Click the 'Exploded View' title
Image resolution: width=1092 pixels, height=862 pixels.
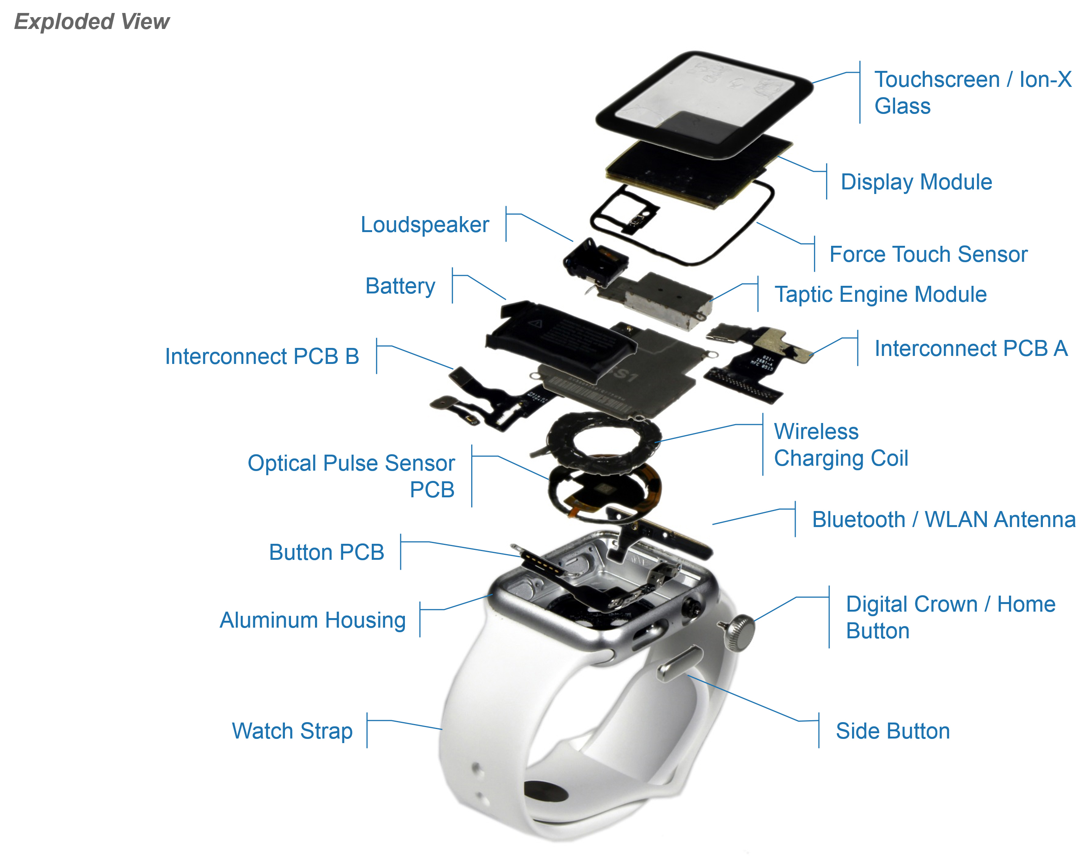pyautogui.click(x=91, y=22)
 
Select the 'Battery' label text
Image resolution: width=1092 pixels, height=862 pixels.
pyautogui.click(x=400, y=286)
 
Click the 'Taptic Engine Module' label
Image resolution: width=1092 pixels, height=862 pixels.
pyautogui.click(x=880, y=294)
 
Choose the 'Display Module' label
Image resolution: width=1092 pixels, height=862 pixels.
pyautogui.click(x=916, y=182)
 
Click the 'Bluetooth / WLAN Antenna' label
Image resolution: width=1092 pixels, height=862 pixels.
pyautogui.click(x=943, y=520)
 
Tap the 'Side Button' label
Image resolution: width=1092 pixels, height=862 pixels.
pyautogui.click(x=892, y=731)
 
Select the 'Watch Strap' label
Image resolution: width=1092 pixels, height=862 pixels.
pyautogui.click(x=292, y=731)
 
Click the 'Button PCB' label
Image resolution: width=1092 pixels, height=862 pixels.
pyautogui.click(x=326, y=553)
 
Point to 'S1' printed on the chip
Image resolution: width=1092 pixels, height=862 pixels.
pyautogui.click(x=625, y=375)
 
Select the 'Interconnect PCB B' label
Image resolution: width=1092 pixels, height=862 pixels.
pyautogui.click(x=262, y=357)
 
